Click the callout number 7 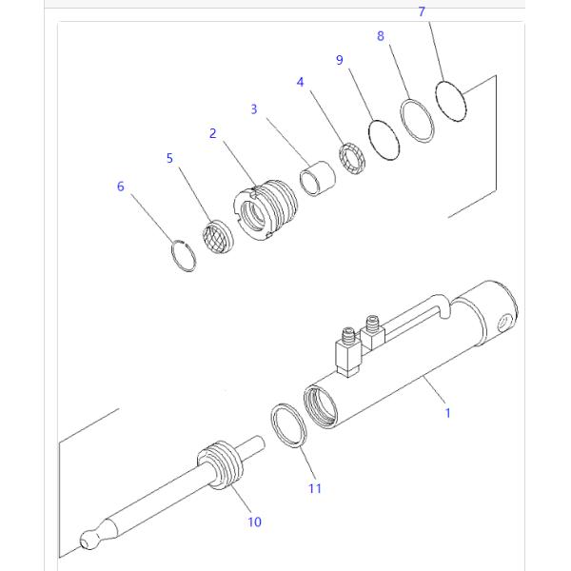[422, 12]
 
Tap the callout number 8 [381, 36]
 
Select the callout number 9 [340, 60]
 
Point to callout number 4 [301, 83]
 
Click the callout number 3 [254, 109]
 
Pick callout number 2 [213, 133]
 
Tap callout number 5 [170, 158]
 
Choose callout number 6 [121, 187]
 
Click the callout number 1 [448, 413]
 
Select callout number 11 [314, 488]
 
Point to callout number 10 [254, 522]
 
